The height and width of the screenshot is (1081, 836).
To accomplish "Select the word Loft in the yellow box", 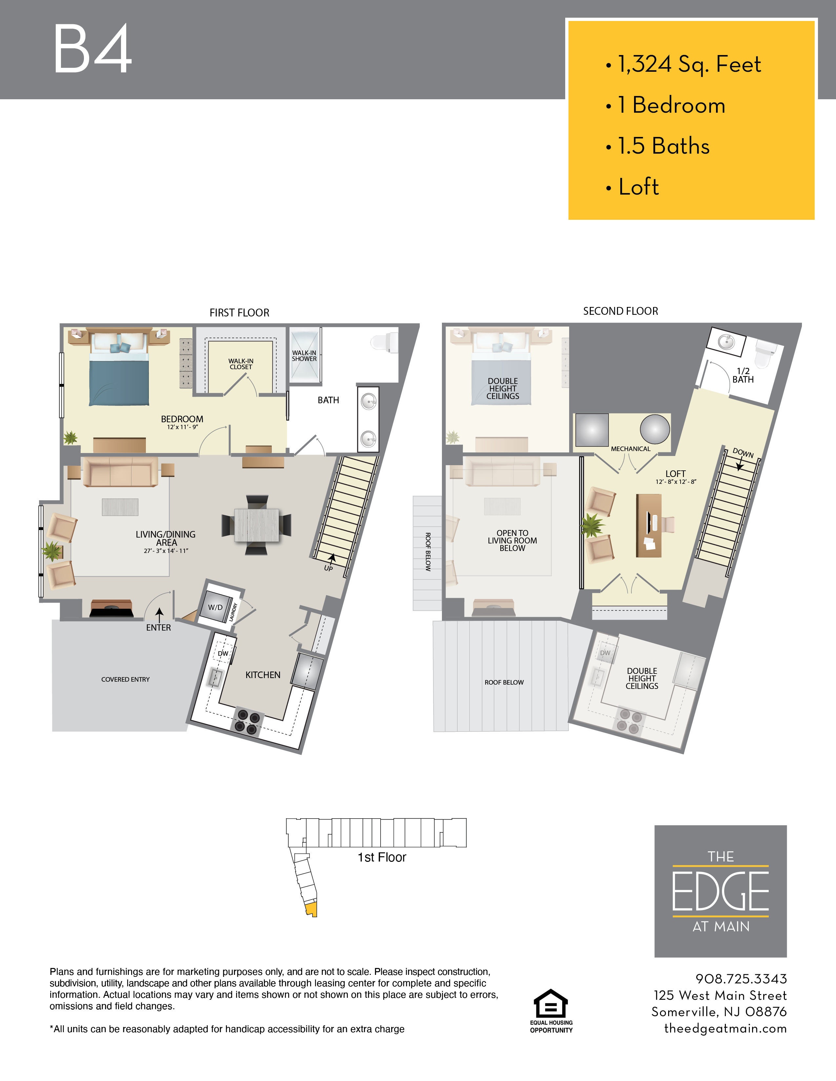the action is pyautogui.click(x=639, y=187).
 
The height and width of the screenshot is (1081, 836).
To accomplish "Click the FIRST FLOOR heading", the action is pyautogui.click(x=239, y=313).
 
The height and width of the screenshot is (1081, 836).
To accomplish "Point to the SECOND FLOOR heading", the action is pyautogui.click(x=621, y=311).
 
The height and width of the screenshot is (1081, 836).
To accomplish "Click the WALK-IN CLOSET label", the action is pyautogui.click(x=241, y=364).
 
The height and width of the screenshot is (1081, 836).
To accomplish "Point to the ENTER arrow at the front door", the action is pyautogui.click(x=159, y=615).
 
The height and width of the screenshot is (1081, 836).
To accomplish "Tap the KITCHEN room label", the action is pyautogui.click(x=263, y=675).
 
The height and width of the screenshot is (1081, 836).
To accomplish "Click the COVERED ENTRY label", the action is pyautogui.click(x=125, y=680).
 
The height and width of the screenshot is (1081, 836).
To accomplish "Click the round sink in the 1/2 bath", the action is pyautogui.click(x=727, y=342).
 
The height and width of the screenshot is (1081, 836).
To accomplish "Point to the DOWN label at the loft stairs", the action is pyautogui.click(x=743, y=453).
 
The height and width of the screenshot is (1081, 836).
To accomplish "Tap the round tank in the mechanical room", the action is pyautogui.click(x=655, y=429).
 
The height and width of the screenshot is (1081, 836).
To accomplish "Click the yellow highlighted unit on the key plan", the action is pyautogui.click(x=311, y=910).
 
